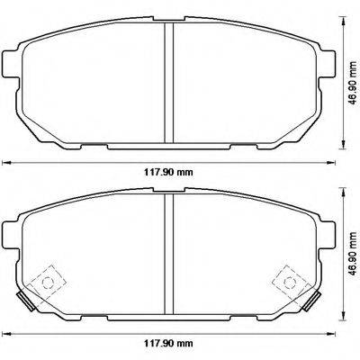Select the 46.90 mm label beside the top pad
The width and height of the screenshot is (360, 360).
[x=351, y=78]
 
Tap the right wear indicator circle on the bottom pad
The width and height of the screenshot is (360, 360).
[x=292, y=282]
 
